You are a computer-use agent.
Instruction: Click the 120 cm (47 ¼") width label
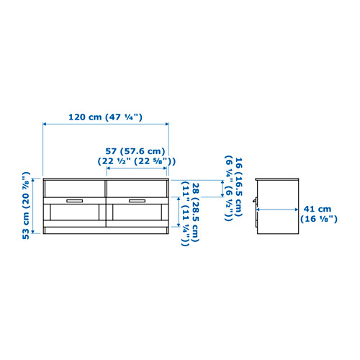click(x=105, y=117)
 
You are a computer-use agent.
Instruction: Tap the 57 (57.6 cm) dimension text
click(x=135, y=151)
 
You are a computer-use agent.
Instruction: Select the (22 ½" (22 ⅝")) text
click(x=137, y=161)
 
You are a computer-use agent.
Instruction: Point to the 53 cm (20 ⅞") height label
click(x=26, y=205)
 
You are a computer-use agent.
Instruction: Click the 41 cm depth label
click(x=318, y=209)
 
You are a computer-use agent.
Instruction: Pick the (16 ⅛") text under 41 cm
click(x=319, y=219)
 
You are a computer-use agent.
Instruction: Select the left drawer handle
click(x=75, y=201)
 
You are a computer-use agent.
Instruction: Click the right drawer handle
click(x=137, y=201)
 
